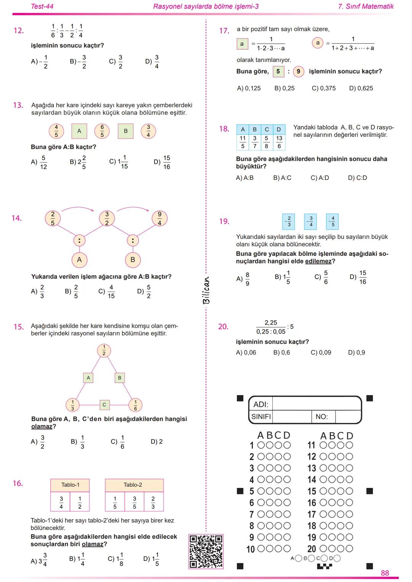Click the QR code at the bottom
[x=206, y=551]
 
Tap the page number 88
[x=385, y=573]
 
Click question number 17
[x=224, y=30]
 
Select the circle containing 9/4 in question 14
[x=159, y=218]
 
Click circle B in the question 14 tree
[x=133, y=260]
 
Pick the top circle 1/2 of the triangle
[x=104, y=350]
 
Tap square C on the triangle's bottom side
[x=104, y=404]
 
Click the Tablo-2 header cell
[x=133, y=485]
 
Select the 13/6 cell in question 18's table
[x=279, y=142]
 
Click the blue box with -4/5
[x=333, y=221]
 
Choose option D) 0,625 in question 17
[x=361, y=88]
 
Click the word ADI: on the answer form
[x=261, y=404]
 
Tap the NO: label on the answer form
[x=322, y=417]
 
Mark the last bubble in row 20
[x=349, y=549]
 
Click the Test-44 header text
[x=42, y=6]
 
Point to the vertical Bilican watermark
[x=206, y=290]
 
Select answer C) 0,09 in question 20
[x=321, y=353]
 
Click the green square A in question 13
[x=79, y=131]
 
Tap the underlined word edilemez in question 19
[x=318, y=261]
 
